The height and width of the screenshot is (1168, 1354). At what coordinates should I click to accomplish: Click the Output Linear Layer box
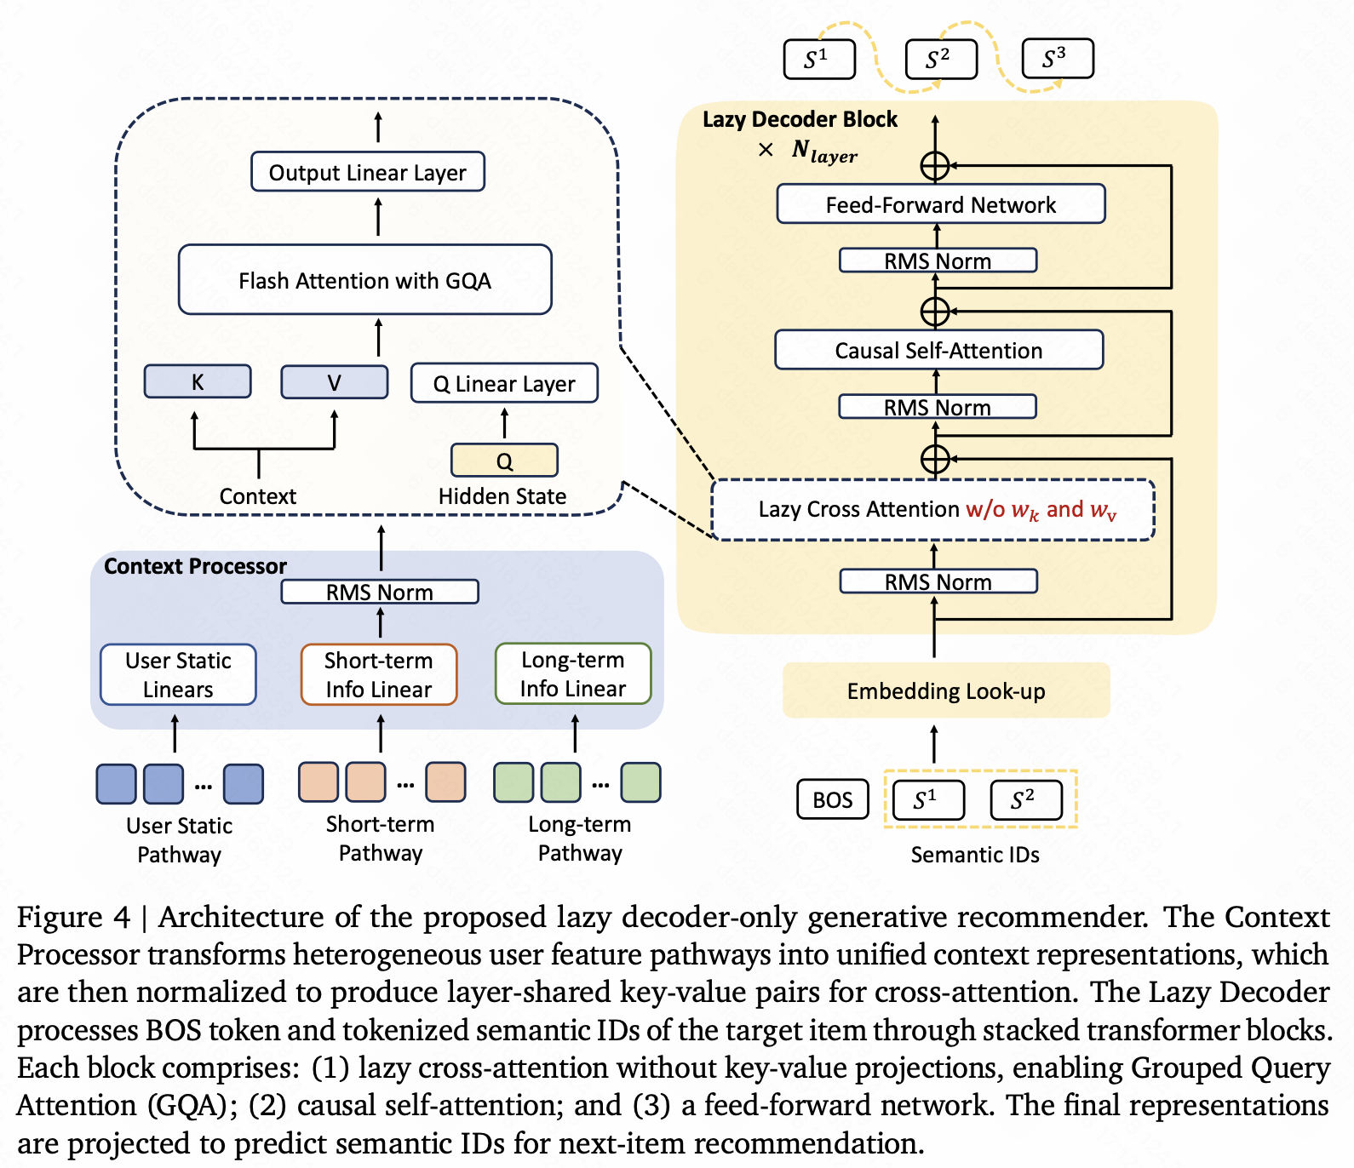tap(367, 172)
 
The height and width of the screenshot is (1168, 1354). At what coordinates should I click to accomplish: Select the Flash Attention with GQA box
tap(364, 280)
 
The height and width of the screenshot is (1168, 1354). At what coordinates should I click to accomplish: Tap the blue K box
tap(198, 382)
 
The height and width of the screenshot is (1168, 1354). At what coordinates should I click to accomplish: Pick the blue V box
tap(334, 382)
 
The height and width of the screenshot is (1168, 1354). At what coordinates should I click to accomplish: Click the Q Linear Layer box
tap(504, 384)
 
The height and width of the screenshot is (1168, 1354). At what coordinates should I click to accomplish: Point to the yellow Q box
tap(504, 461)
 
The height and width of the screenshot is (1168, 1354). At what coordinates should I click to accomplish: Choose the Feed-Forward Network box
tap(940, 204)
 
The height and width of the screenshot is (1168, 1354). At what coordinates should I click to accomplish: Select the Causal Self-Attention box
tap(938, 350)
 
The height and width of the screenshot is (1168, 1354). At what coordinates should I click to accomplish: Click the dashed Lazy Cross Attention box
tap(932, 510)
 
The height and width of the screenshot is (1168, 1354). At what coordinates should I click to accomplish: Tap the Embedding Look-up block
tap(945, 690)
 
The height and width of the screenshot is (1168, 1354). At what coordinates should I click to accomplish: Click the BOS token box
tap(832, 799)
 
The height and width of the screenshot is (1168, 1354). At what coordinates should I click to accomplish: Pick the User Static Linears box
tap(178, 674)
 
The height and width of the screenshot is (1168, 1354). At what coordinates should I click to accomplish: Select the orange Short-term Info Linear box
tap(379, 674)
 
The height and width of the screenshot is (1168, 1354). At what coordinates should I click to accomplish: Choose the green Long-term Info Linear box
tap(573, 673)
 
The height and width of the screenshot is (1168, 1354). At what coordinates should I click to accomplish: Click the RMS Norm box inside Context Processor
tap(379, 592)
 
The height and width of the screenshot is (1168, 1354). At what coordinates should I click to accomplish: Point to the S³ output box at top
tap(1057, 59)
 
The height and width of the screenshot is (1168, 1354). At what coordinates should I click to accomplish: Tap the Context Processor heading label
tap(195, 566)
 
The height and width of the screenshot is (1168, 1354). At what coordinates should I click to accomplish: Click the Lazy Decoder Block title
tap(800, 119)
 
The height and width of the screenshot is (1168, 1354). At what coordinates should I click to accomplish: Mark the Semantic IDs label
tap(975, 855)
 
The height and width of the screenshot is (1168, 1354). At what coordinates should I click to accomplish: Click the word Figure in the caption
tap(60, 918)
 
